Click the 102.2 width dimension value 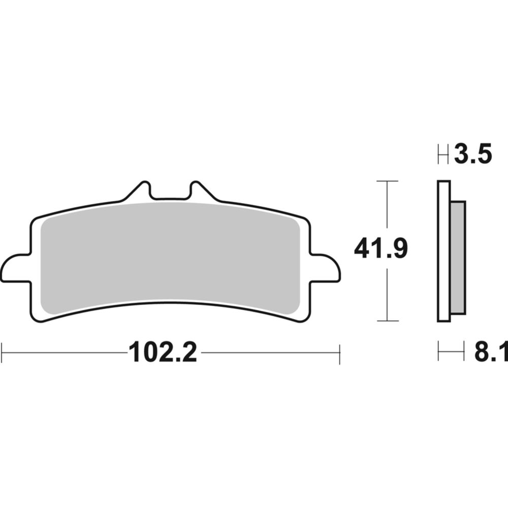[x=163, y=352]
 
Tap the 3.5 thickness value [x=473, y=154]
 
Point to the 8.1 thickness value [x=491, y=352]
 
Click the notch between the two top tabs [x=170, y=196]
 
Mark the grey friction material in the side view [x=457, y=257]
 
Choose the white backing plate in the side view [x=443, y=251]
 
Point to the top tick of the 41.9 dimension [x=388, y=181]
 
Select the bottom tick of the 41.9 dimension [x=388, y=321]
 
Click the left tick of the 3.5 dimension [x=438, y=154]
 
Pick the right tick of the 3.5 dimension [x=448, y=154]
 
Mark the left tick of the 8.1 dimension [x=438, y=352]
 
